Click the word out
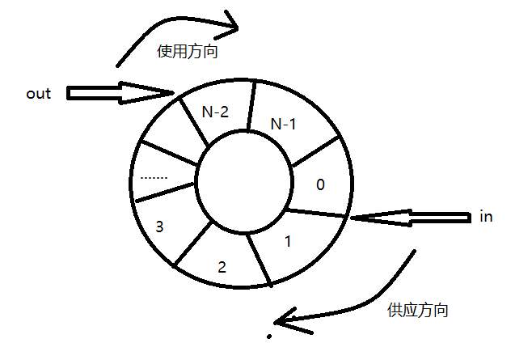(38, 94)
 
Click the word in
(486, 217)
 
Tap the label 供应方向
(418, 310)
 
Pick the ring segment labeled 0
(320, 184)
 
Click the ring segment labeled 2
(222, 265)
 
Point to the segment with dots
(154, 175)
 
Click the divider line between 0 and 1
(317, 213)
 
